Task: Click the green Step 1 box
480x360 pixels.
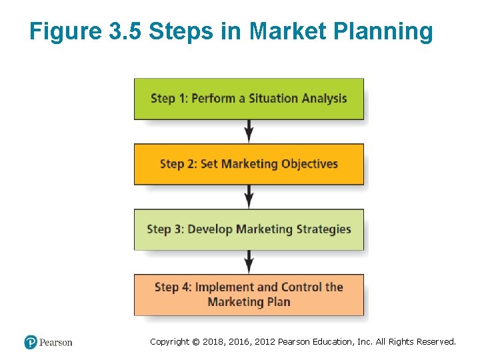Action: click(249, 99)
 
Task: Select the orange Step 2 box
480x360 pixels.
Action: click(249, 164)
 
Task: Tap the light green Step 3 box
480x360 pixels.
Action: click(249, 229)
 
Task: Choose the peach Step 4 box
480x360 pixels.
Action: click(249, 295)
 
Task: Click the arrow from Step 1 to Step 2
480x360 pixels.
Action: click(249, 131)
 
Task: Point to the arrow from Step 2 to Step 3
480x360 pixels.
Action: click(249, 197)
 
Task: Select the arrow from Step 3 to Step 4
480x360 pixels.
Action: click(249, 262)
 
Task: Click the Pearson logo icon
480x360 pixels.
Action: click(31, 343)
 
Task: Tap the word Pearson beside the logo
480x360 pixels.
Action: click(55, 343)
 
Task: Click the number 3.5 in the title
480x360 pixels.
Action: click(125, 31)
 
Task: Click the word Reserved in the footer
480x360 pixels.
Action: click(436, 342)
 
